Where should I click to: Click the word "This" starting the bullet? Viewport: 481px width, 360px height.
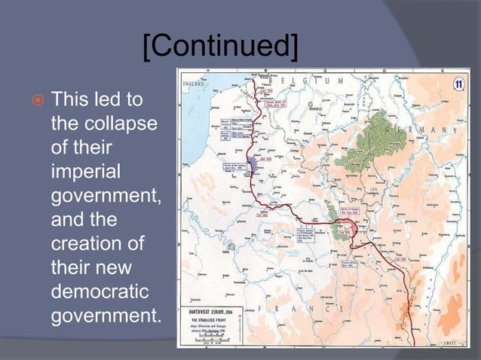70,100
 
